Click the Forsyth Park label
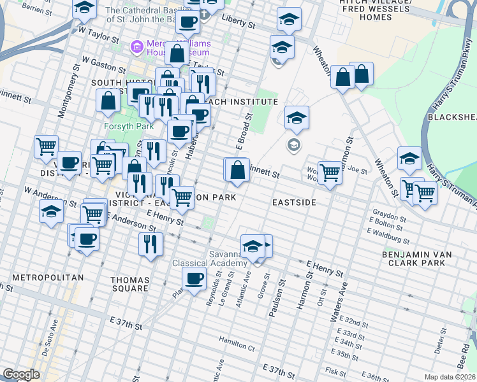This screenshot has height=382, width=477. click(126, 125)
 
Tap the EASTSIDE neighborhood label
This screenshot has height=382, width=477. click(294, 202)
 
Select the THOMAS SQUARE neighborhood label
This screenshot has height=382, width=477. click(129, 284)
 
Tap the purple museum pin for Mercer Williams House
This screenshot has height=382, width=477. click(135, 46)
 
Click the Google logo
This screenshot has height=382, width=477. click(21, 375)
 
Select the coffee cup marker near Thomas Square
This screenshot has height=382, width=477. click(194, 278)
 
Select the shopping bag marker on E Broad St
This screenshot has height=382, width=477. click(237, 170)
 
